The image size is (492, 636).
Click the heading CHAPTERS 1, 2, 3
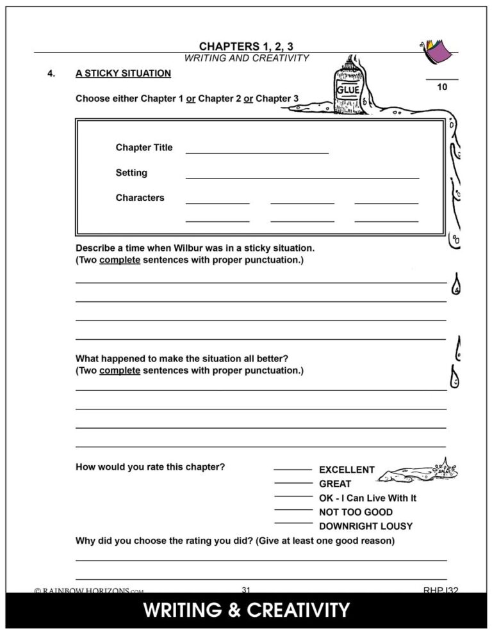tap(246, 46)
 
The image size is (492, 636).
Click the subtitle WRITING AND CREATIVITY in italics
tap(246, 58)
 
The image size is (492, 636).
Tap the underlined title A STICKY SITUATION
tap(123, 74)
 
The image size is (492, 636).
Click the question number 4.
tap(51, 74)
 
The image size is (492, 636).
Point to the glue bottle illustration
tap(349, 86)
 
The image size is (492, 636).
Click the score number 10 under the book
tap(442, 88)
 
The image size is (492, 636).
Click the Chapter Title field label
tap(144, 148)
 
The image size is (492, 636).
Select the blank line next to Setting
tap(302, 177)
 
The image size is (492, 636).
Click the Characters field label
tap(140, 198)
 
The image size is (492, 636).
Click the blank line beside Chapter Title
tap(257, 152)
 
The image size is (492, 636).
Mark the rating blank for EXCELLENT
tap(293, 470)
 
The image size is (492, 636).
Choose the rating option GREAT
tap(335, 484)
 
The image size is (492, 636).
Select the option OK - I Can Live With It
tap(368, 498)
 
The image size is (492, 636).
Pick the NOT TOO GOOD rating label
tap(356, 513)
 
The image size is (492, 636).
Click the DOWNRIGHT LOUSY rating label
tap(366, 527)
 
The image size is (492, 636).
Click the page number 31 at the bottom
tap(246, 589)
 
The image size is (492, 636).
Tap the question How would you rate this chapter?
tap(150, 467)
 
